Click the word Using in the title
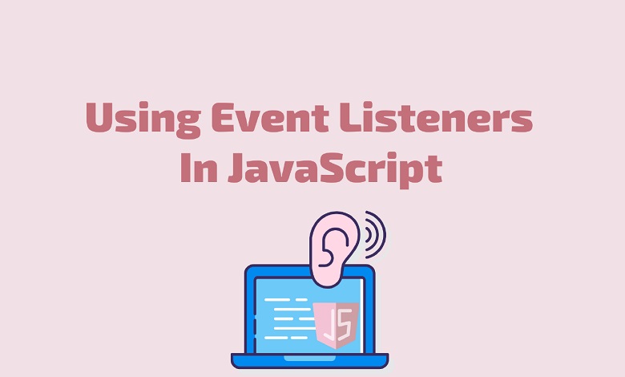click(143, 120)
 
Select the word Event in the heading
click(270, 117)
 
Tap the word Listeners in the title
click(436, 117)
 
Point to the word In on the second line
click(199, 168)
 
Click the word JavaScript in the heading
click(335, 169)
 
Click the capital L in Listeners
click(351, 117)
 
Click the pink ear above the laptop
click(334, 248)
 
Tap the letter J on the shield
click(329, 323)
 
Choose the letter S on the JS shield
click(345, 322)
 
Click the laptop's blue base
click(310, 361)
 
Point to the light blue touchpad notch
click(310, 358)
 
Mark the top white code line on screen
click(286, 299)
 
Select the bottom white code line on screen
click(286, 338)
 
